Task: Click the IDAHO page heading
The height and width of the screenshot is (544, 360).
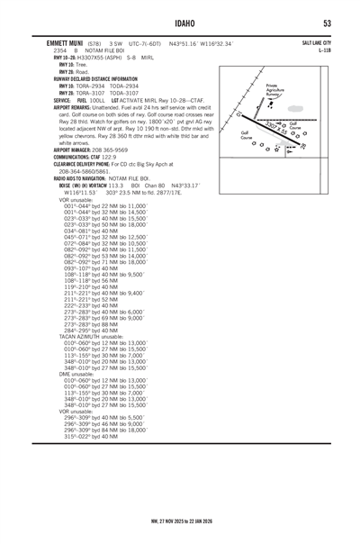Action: (x=180, y=23)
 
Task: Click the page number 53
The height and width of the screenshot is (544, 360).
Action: (x=328, y=23)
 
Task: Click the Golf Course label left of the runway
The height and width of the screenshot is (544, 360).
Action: (x=245, y=137)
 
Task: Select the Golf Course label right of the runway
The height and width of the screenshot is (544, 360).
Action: (x=294, y=125)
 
